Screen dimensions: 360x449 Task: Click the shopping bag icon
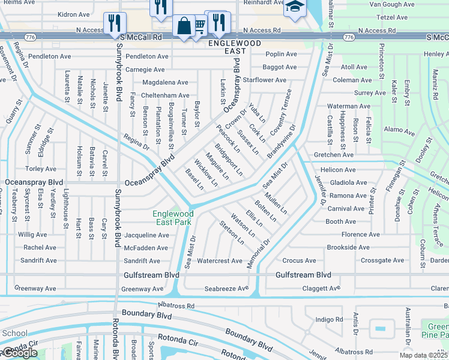184,26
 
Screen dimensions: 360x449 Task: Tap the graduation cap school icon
294,7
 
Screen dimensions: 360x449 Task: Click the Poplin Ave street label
282,53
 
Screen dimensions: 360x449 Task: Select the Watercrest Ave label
220,261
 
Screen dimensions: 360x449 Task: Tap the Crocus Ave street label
299,261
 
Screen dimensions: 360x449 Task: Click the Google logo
19,353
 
